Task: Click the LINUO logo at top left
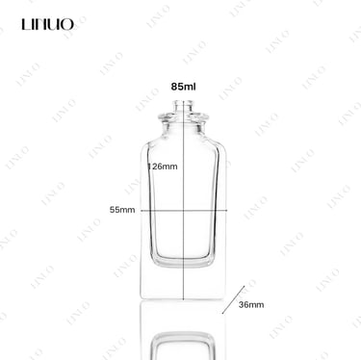48,24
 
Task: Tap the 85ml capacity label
183,87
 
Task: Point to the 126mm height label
163,167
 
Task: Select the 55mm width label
122,210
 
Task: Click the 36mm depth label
251,305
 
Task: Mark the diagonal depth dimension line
233,299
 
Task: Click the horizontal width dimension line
184,211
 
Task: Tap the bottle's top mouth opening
183,102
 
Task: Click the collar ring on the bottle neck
183,117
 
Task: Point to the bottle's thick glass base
183,282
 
